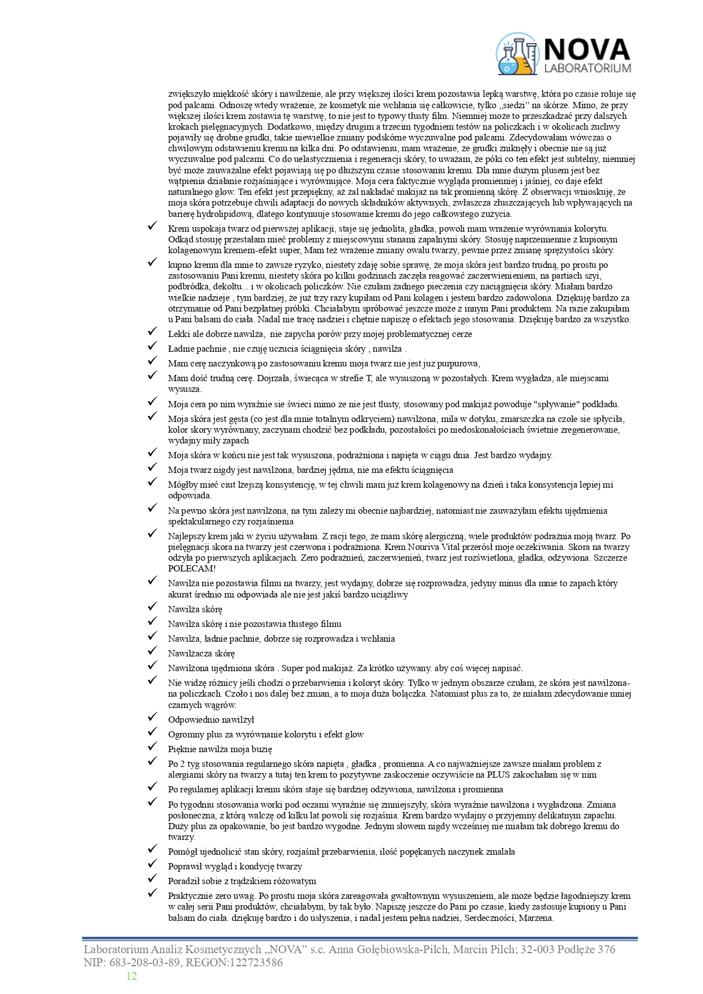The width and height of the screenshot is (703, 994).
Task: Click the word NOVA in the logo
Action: pyautogui.click(x=586, y=49)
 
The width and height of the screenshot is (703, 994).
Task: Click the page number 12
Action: pyautogui.click(x=131, y=975)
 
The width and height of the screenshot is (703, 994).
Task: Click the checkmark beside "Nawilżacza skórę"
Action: pyautogui.click(x=152, y=652)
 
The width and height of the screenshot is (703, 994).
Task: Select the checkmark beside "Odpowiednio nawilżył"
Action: pyautogui.click(x=152, y=719)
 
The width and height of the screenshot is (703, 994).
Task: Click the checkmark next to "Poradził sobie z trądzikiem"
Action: pyautogui.click(x=152, y=880)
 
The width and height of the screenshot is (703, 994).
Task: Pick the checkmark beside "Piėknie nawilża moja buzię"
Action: pyautogui.click(x=152, y=748)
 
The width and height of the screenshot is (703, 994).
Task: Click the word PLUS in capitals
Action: pyautogui.click(x=499, y=775)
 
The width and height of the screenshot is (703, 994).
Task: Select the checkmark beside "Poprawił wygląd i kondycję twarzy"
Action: pyautogui.click(x=152, y=865)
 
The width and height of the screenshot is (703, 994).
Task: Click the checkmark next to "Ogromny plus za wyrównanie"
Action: pyautogui.click(x=152, y=733)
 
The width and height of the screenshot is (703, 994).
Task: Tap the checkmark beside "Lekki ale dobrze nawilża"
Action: pyautogui.click(x=152, y=333)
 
